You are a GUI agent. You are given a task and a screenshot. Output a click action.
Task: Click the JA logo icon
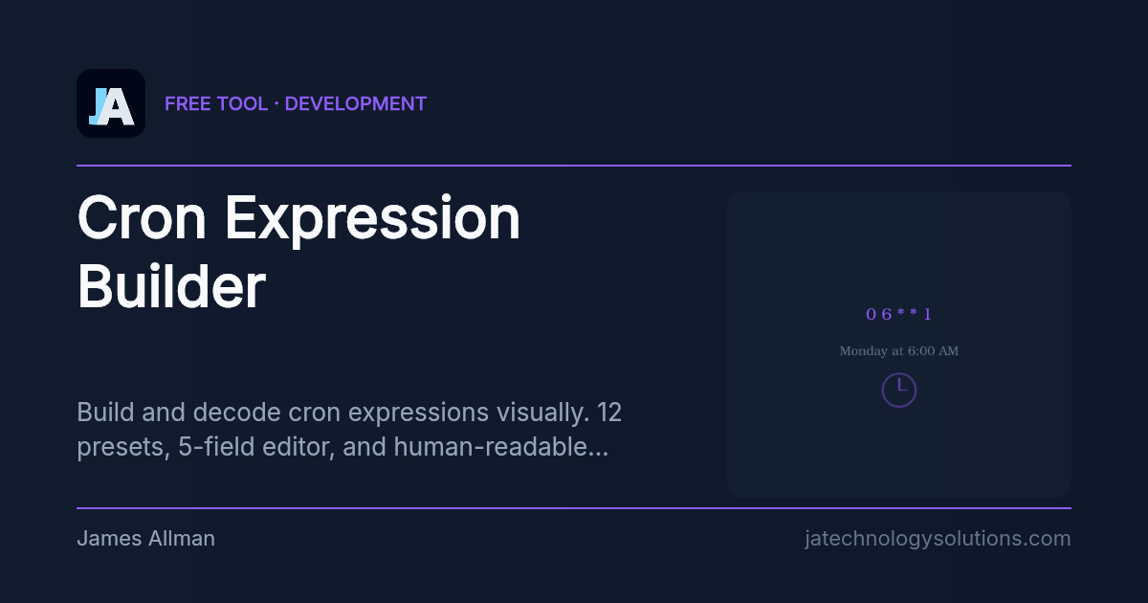click(111, 103)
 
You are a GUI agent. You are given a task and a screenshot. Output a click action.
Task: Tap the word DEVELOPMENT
click(356, 103)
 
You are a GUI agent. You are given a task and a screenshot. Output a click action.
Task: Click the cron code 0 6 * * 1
click(898, 314)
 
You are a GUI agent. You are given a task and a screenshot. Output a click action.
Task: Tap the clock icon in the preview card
click(898, 390)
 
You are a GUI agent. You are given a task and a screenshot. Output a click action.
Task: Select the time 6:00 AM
click(933, 351)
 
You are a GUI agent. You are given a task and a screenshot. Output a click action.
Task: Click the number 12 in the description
click(609, 413)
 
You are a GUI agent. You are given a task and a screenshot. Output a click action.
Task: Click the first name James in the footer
click(107, 539)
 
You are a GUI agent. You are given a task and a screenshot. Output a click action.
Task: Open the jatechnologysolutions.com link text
click(938, 539)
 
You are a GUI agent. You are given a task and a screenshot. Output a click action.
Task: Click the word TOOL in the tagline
click(242, 103)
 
